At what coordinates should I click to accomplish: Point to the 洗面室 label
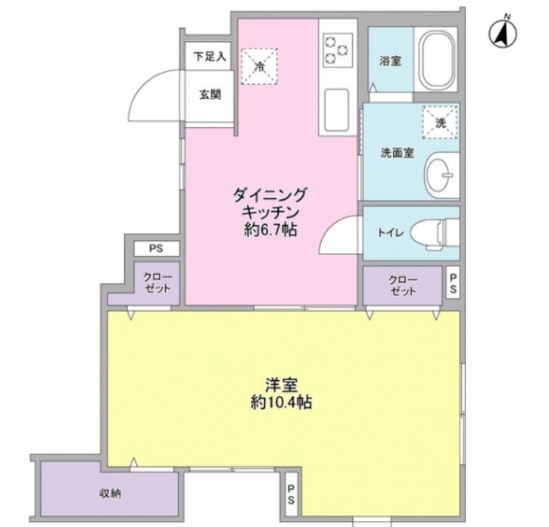point(396,152)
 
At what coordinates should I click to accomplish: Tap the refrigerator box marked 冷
point(259,65)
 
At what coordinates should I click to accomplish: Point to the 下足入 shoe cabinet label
point(209,56)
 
